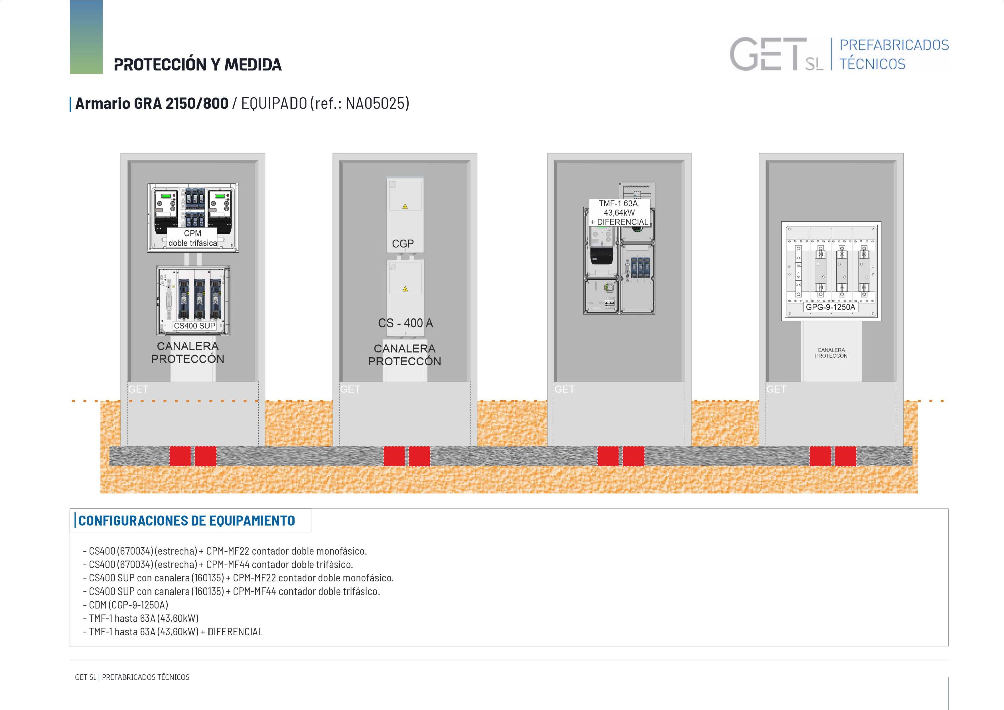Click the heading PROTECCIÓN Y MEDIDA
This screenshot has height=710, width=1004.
[x=198, y=64]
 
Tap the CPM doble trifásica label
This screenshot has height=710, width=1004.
[x=192, y=238]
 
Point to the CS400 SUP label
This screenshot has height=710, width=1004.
[x=194, y=325]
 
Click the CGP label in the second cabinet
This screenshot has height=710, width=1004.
[x=403, y=244]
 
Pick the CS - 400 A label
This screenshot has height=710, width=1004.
[x=405, y=323]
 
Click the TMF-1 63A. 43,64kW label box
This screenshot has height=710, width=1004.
[x=619, y=213]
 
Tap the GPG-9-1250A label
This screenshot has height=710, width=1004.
[x=830, y=307]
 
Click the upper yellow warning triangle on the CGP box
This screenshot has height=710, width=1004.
[x=405, y=207]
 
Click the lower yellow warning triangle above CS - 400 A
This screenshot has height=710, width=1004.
[x=405, y=289]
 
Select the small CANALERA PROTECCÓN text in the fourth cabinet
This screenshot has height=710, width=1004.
[x=831, y=353]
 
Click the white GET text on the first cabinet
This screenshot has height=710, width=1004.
[x=138, y=389]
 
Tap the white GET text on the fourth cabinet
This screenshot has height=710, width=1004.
[x=776, y=389]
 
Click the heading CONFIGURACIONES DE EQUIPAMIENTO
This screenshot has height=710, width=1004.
[x=187, y=521]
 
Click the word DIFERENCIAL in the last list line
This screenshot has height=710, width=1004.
[x=235, y=632]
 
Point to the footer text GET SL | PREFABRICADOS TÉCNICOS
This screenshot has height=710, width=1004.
[x=132, y=677]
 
